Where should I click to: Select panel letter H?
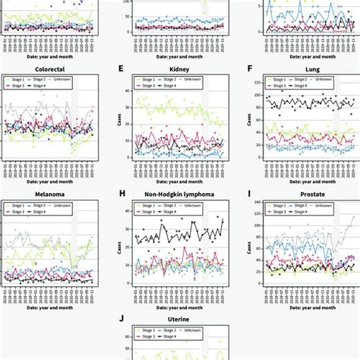coord(120,194)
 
